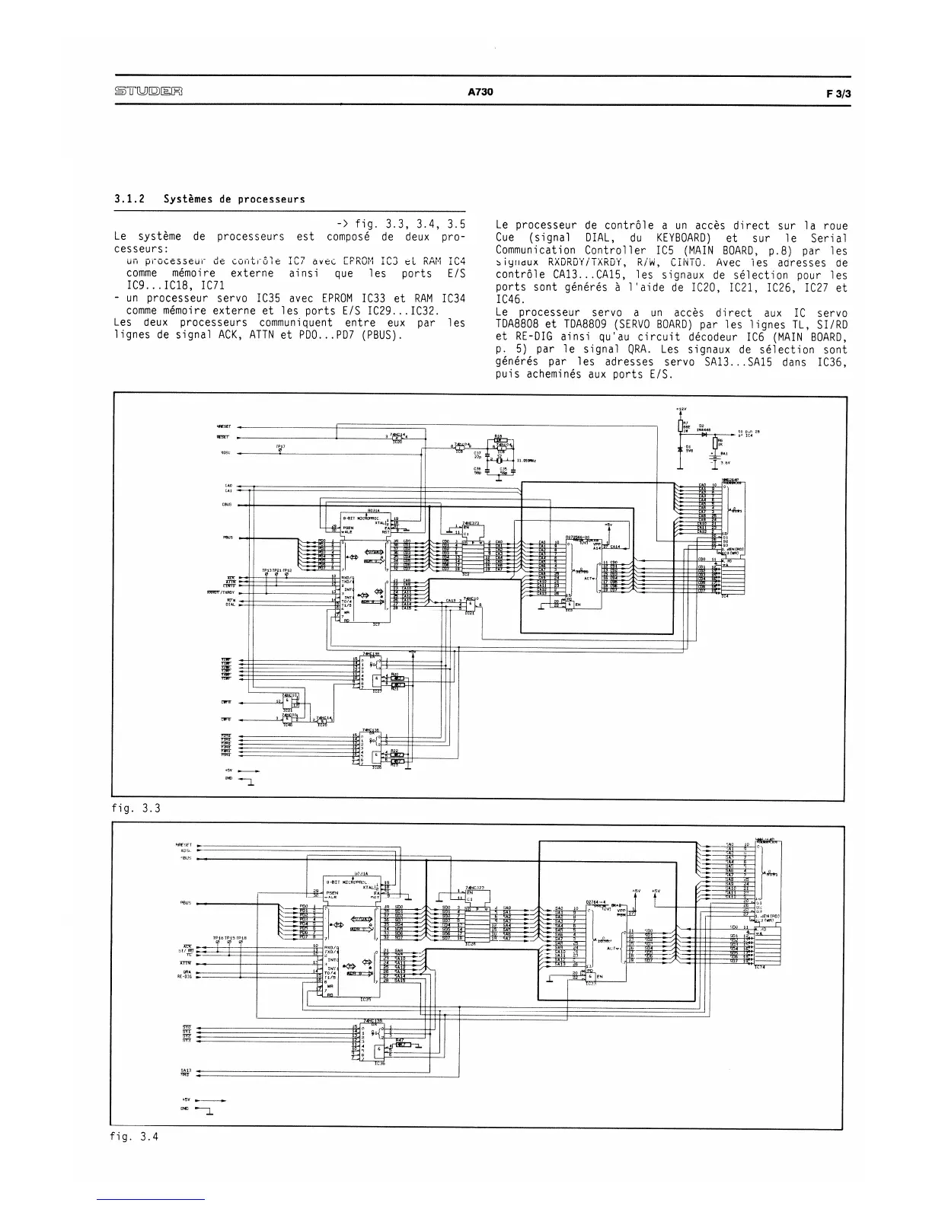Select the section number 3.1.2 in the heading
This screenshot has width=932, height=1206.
pyautogui.click(x=130, y=199)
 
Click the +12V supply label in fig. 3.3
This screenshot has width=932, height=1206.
pyautogui.click(x=680, y=411)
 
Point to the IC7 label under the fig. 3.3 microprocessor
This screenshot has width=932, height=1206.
pyautogui.click(x=375, y=624)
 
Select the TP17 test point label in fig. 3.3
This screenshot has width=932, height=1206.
pyautogui.click(x=280, y=447)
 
